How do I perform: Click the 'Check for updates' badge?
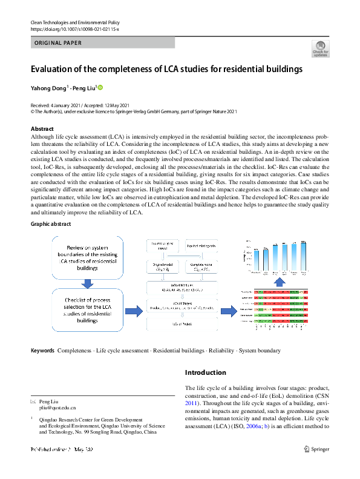tap(321, 48)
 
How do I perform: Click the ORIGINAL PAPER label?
tap(59, 43)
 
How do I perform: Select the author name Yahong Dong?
tap(48, 88)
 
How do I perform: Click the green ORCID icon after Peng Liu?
tap(100, 88)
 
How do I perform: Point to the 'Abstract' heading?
tap(42, 128)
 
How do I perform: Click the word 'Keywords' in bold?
tap(42, 351)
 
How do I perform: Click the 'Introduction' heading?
tap(206, 372)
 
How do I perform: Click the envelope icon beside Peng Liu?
tap(33, 402)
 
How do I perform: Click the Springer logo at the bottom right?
tap(317, 449)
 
